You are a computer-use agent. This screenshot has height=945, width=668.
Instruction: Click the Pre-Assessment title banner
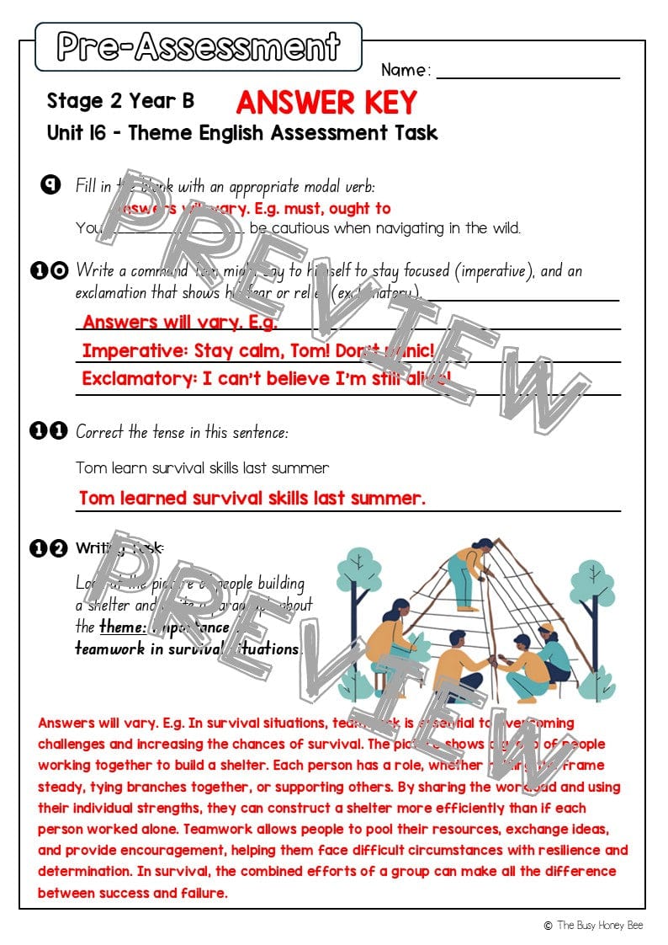click(199, 47)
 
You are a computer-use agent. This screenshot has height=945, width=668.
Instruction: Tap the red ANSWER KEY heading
click(326, 103)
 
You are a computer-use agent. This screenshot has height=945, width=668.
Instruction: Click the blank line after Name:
click(528, 73)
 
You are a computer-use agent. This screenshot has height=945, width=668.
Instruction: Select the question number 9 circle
click(50, 185)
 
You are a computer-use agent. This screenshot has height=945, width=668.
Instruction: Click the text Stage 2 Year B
click(120, 101)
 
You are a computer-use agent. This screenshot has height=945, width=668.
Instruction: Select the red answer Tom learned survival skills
click(252, 498)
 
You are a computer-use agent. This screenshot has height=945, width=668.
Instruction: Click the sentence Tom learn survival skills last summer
click(202, 467)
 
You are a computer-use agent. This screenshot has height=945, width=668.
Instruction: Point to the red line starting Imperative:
click(257, 350)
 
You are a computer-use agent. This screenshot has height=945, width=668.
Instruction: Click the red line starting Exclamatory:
click(266, 379)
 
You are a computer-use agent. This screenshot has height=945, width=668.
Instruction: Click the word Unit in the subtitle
click(65, 133)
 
